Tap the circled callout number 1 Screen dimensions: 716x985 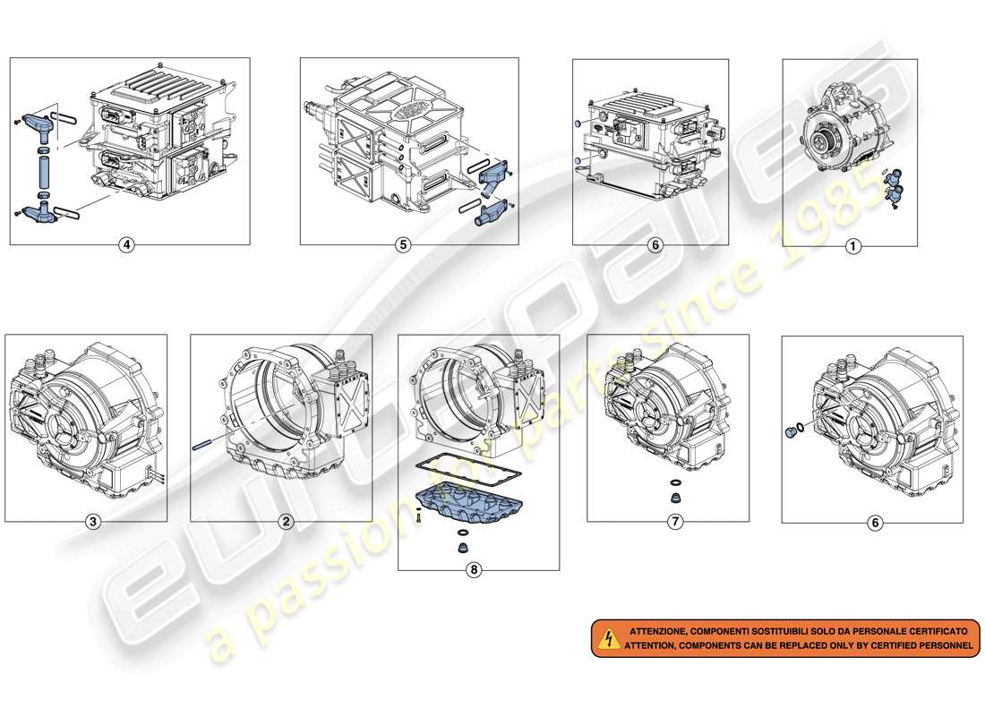(852, 246)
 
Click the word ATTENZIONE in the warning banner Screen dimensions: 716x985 (661, 631)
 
